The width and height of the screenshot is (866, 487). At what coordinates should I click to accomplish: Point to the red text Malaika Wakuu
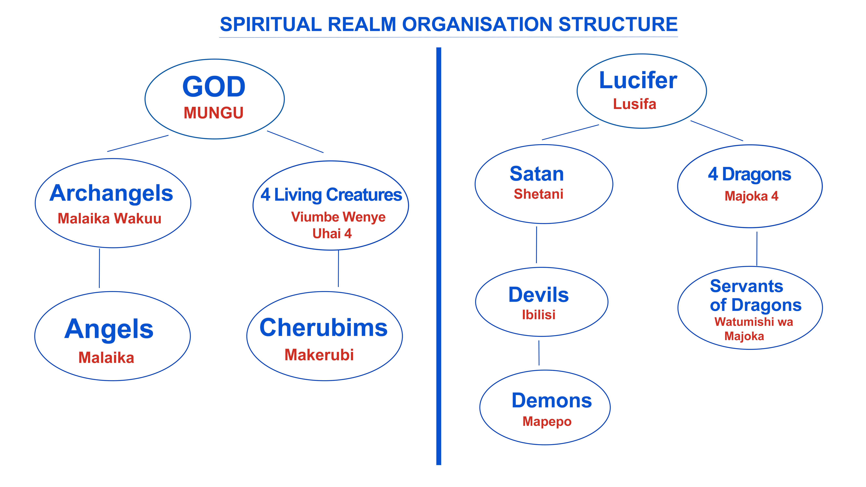(110, 219)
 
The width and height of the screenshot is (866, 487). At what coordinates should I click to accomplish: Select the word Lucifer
(638, 81)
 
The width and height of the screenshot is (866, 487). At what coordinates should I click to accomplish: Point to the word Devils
(539, 295)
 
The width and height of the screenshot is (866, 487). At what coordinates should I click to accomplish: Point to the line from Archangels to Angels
(99, 268)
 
